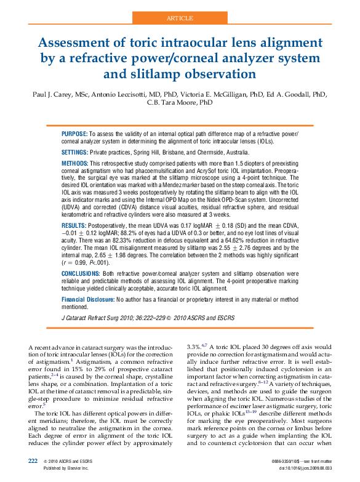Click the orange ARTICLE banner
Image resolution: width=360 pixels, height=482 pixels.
180,18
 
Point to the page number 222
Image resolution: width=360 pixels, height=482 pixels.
34,460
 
